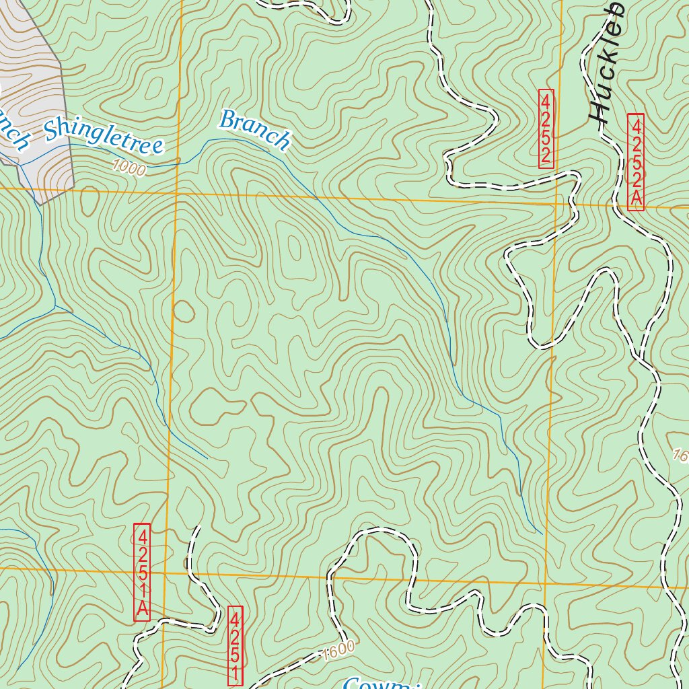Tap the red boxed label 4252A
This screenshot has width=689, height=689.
tap(636, 162)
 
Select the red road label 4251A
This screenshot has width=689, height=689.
tap(142, 572)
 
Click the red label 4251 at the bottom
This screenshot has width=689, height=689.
tap(235, 647)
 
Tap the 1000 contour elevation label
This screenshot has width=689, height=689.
tap(129, 168)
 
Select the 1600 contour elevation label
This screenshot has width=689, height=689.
tap(338, 651)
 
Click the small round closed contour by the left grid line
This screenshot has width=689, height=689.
tap(184, 311)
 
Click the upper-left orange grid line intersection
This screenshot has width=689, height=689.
tap(176, 193)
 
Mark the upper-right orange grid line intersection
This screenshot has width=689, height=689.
tap(556, 203)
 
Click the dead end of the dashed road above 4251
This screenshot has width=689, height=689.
tap(199, 527)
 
